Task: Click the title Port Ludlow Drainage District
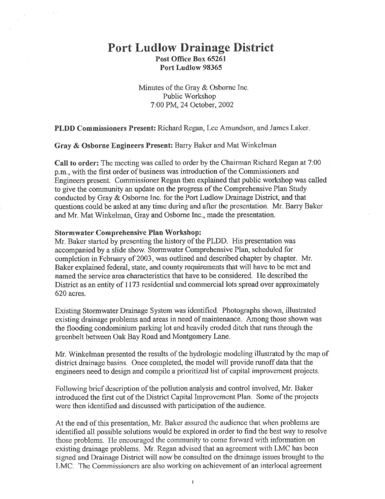pyautogui.click(x=190, y=48)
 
